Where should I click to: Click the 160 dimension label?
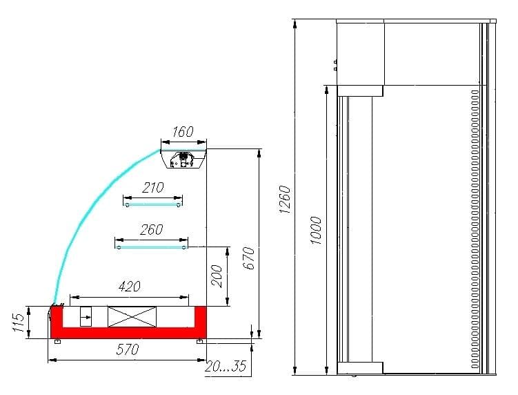pyautogui.click(x=183, y=132)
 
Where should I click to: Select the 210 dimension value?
pyautogui.click(x=153, y=188)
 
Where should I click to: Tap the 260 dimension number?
pyautogui.click(x=152, y=229)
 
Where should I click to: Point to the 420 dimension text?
pyautogui.click(x=130, y=287)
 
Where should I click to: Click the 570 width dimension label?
pyautogui.click(x=128, y=349)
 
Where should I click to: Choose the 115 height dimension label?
pyautogui.click(x=19, y=322)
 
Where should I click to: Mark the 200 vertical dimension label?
pyautogui.click(x=217, y=276)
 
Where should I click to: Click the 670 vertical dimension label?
pyautogui.click(x=250, y=258)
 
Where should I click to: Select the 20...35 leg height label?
pyautogui.click(x=226, y=366)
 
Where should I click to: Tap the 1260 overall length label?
pyautogui.click(x=284, y=199)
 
